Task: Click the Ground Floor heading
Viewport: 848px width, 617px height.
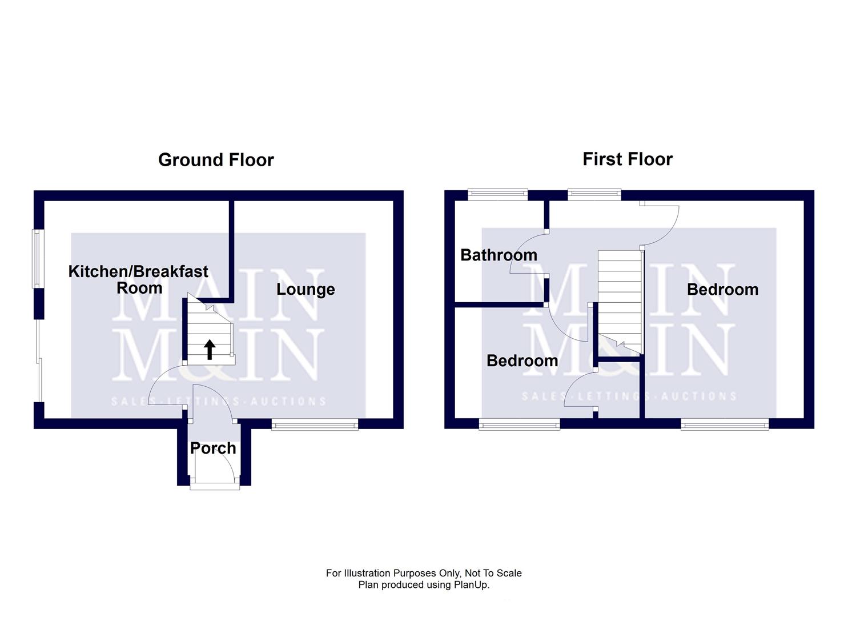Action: pyautogui.click(x=216, y=159)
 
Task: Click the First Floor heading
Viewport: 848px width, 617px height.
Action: pyautogui.click(x=627, y=159)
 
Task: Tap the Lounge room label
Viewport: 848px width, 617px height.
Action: pyautogui.click(x=306, y=289)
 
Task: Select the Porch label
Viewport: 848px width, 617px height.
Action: pyautogui.click(x=213, y=448)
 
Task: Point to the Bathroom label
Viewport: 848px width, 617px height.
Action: pyautogui.click(x=499, y=255)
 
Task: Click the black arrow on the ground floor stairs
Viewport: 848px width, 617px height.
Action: pyautogui.click(x=210, y=349)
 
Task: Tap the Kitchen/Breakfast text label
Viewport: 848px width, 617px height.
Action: pyautogui.click(x=138, y=271)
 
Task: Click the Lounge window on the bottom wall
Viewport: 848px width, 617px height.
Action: pyautogui.click(x=315, y=424)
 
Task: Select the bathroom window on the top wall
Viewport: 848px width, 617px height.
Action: pyautogui.click(x=497, y=195)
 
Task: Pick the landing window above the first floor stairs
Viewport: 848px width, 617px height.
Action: pyautogui.click(x=594, y=195)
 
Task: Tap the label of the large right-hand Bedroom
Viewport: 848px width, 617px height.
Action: pyautogui.click(x=722, y=290)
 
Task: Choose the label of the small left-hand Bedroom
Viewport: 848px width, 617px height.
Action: pyautogui.click(x=522, y=360)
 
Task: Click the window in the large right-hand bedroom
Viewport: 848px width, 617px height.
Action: pyautogui.click(x=725, y=424)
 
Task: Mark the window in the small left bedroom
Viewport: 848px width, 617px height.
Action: pyautogui.click(x=519, y=424)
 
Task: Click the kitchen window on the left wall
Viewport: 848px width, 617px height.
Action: pyautogui.click(x=38, y=259)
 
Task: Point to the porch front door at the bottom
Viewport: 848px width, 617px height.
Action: pyautogui.click(x=215, y=486)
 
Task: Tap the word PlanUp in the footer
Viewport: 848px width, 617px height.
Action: pyautogui.click(x=471, y=585)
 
